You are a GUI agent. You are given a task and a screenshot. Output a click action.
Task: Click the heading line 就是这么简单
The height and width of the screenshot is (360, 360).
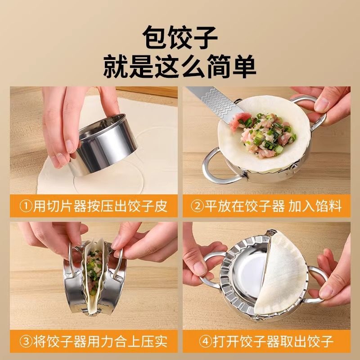pos(180,66)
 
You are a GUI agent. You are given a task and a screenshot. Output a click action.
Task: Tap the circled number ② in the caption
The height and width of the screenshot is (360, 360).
pos(198,207)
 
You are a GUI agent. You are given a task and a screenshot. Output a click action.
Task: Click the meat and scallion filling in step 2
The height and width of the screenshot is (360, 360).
pos(265,133)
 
